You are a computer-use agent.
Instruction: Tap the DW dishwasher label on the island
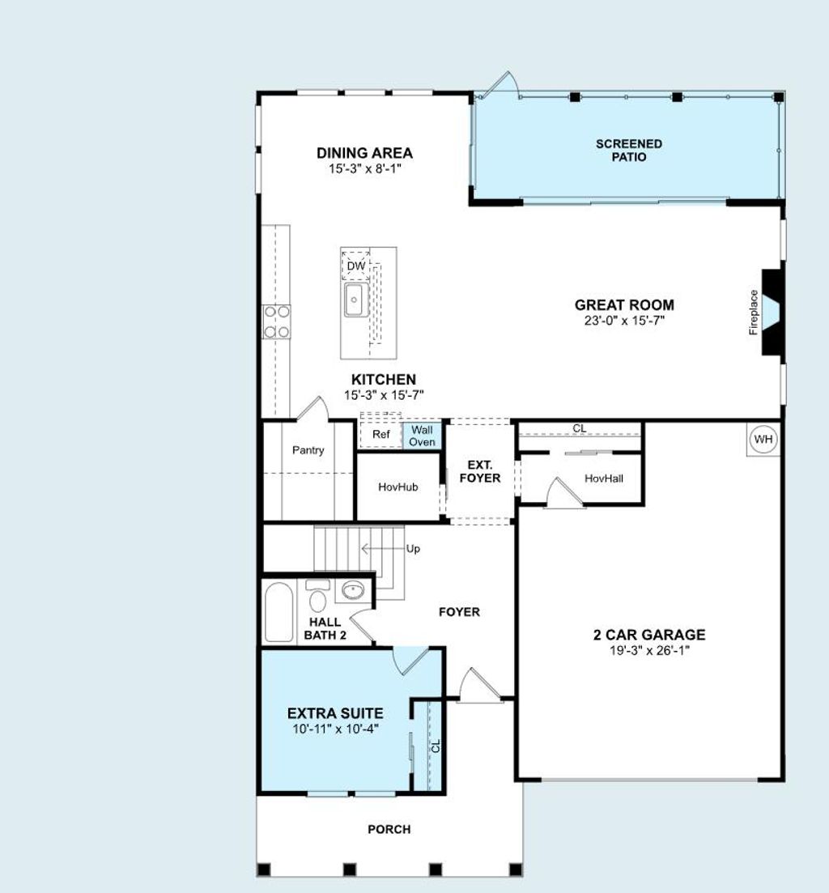(355, 266)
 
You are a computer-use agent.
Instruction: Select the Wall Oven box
(422, 436)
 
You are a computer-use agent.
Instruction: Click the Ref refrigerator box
(380, 435)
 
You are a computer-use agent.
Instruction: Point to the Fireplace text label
(754, 312)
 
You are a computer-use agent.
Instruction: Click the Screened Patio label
(629, 150)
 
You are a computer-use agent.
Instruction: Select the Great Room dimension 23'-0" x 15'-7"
(624, 321)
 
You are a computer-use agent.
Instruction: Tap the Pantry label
(308, 450)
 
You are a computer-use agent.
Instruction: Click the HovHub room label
(397, 487)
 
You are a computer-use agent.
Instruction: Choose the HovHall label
(604, 478)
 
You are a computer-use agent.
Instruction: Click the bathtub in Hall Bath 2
(278, 611)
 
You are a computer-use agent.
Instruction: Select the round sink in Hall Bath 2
(352, 591)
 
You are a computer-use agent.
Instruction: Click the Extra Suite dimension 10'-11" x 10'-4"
(335, 729)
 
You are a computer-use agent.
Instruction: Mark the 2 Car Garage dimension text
(649, 649)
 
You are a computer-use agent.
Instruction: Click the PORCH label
(389, 829)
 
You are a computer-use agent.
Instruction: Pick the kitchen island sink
(354, 300)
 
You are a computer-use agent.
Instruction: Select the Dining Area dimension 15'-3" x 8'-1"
(364, 168)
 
